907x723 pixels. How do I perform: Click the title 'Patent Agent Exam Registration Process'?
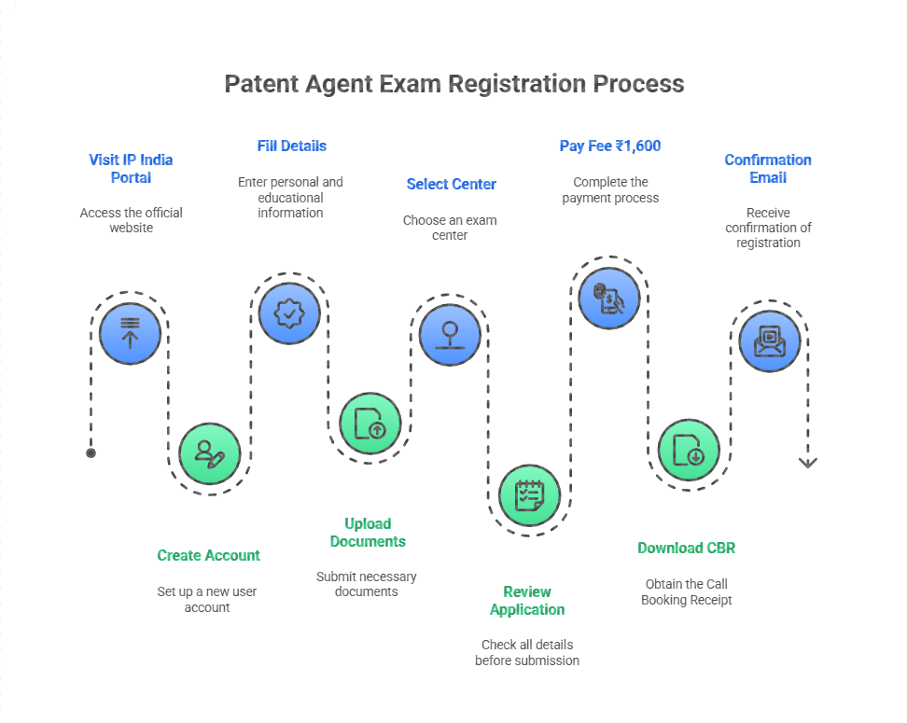pos(453,84)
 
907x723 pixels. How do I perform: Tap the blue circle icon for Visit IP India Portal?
pos(130,333)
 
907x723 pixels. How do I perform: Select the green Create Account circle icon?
pos(209,453)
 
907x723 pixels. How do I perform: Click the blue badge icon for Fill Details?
pos(289,314)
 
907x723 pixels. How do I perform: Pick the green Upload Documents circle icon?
pos(370,424)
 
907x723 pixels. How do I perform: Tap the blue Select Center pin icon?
pos(450,333)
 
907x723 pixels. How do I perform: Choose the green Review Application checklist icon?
pos(529,494)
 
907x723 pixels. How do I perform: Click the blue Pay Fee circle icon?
pos(609,299)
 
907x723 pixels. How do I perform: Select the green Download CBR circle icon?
pos(689,450)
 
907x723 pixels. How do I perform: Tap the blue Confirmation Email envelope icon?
pos(769,341)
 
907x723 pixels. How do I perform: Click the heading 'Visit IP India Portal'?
pos(131,169)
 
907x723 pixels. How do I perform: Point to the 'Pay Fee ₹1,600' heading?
pos(610,146)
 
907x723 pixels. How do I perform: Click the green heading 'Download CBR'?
pos(686,548)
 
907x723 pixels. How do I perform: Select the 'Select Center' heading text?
pos(451,185)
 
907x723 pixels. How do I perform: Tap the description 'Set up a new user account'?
pos(207,599)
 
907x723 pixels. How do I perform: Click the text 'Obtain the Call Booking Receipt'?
pos(686,591)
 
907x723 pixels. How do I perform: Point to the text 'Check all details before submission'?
pos(527,652)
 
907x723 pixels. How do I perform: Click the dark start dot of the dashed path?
pos(91,453)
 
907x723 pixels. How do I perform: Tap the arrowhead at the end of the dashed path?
pos(808,462)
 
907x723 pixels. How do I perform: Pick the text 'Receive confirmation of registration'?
pos(768,228)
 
